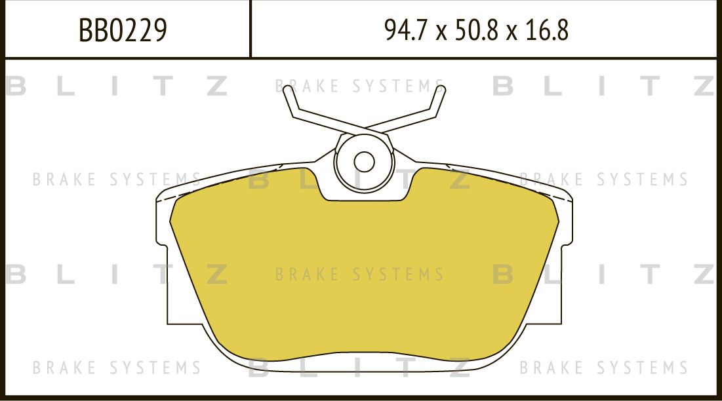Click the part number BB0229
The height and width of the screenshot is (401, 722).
point(123,30)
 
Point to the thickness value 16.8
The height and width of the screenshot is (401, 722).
point(546,30)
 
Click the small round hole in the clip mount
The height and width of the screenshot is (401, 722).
point(364,161)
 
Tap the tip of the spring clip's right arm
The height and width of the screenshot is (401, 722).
point(441,90)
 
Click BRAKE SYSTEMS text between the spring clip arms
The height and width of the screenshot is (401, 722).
point(359,86)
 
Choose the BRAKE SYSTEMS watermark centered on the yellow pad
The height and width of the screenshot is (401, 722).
point(359,274)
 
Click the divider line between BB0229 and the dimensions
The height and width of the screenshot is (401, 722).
point(251,29)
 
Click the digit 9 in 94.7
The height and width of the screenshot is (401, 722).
point(391,30)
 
